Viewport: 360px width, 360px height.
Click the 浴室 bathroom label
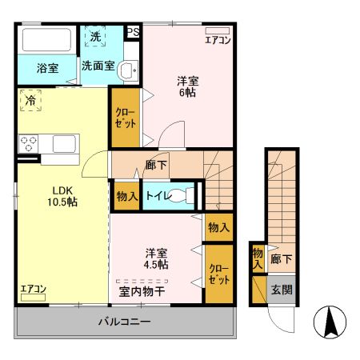coord(47,69)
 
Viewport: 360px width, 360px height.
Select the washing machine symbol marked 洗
coord(96,38)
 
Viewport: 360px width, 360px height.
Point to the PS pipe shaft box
coord(134,32)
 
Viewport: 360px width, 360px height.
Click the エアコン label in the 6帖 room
coord(217,39)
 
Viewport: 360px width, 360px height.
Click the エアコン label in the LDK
coord(33,289)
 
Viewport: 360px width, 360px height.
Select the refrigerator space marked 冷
coord(30,102)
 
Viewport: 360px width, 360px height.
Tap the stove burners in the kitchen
coord(30,144)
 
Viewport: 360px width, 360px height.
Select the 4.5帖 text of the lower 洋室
coord(157,263)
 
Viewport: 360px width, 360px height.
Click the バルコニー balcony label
coord(124,322)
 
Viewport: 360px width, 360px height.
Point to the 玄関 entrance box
coord(281,290)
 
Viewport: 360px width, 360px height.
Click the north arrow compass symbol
coord(329,322)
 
